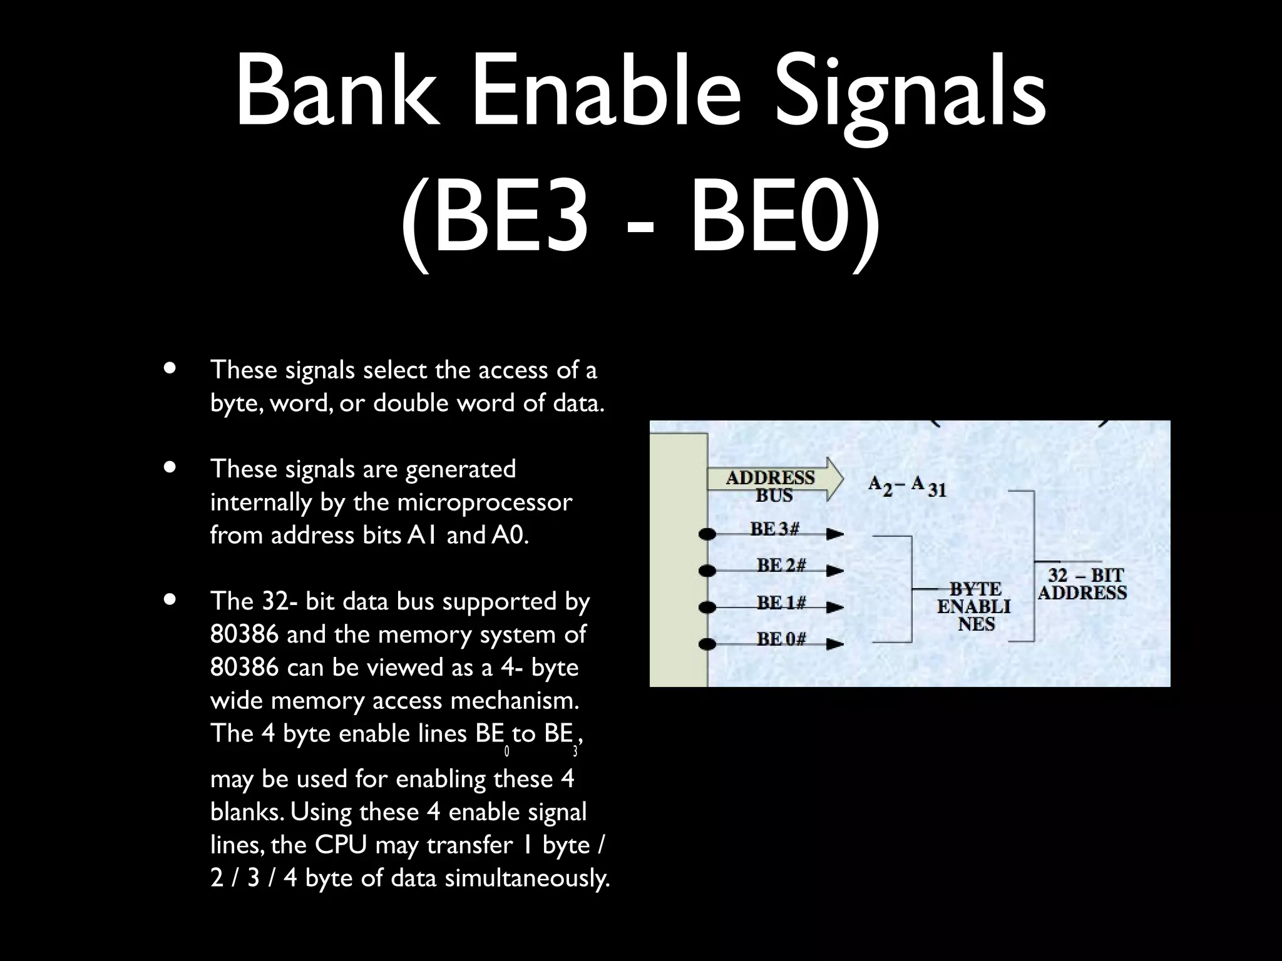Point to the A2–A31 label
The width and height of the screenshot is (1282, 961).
click(907, 486)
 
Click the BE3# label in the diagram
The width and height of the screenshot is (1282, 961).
click(775, 529)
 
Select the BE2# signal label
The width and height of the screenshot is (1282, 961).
click(781, 566)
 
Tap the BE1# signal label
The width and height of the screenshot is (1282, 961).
click(781, 603)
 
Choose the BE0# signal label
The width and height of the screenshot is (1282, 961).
click(781, 639)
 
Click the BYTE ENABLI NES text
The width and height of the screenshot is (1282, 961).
click(974, 606)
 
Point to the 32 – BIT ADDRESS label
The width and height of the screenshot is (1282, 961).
click(1083, 584)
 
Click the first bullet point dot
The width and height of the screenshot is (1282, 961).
click(168, 369)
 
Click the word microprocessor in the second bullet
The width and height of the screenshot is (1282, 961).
click(485, 502)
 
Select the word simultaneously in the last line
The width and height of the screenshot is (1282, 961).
click(527, 878)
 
